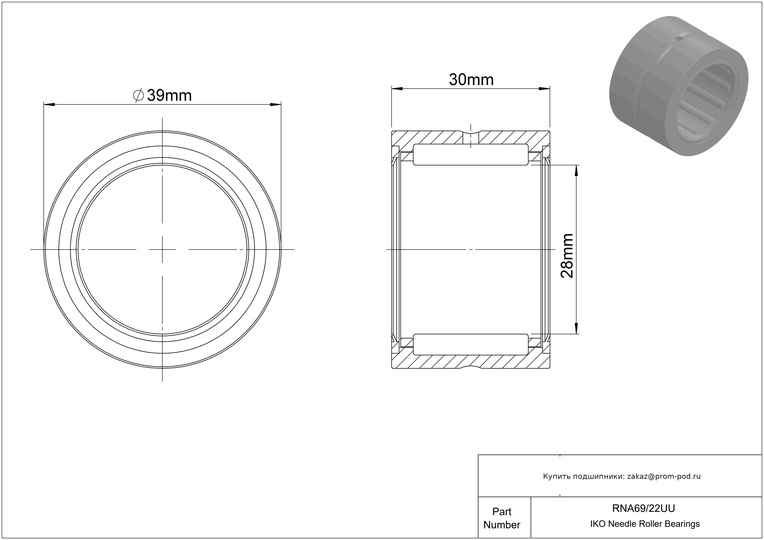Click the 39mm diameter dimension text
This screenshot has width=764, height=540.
(169, 96)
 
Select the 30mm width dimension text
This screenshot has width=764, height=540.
(471, 80)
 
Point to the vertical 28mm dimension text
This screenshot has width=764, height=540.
(567, 256)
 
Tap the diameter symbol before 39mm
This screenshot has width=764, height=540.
(138, 96)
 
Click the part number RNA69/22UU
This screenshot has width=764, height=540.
(643, 508)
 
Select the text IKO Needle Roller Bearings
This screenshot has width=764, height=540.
(645, 524)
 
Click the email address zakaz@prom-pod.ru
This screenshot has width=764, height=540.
(664, 476)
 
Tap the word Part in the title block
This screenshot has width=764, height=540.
(502, 511)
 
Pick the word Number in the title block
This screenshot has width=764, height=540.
(502, 525)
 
